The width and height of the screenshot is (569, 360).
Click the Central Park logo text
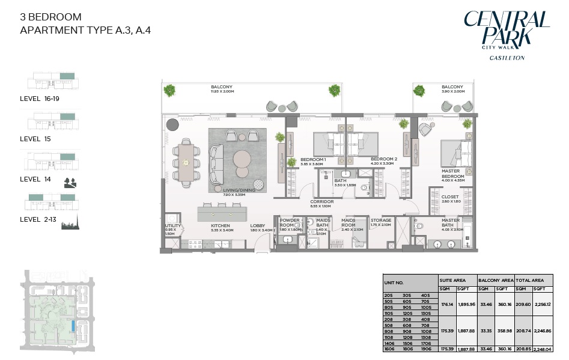tap(507, 29)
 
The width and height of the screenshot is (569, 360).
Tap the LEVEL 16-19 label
tap(40, 99)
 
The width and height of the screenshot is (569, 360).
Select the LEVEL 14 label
tap(35, 179)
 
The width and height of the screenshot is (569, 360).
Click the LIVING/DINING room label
tap(239, 190)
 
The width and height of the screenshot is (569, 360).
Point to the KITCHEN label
tap(221, 227)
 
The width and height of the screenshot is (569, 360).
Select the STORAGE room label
tap(380, 221)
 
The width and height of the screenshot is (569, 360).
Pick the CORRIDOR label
tap(321, 202)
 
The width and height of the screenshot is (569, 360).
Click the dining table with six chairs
tap(187, 162)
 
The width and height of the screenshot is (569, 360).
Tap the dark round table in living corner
tap(173, 125)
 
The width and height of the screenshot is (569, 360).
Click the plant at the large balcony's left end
tap(171, 91)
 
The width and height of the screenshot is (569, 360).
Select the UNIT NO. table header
tap(394, 282)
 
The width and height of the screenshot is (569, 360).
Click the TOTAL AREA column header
tap(531, 280)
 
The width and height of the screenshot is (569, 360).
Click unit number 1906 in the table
tap(427, 348)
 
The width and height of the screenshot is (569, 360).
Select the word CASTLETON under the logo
tap(507, 58)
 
